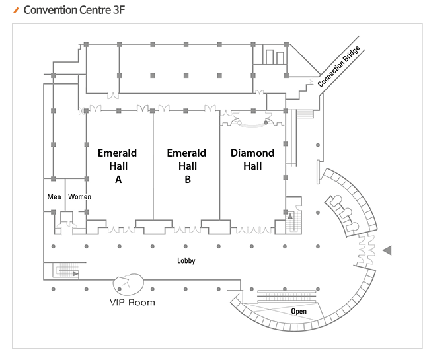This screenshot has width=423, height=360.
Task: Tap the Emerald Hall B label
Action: (x=186, y=165)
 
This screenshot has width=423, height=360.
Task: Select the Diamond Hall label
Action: (x=252, y=159)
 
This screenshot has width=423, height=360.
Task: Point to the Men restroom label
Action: (x=54, y=197)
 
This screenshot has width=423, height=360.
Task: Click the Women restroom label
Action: (x=80, y=197)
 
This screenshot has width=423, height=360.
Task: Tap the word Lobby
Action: (x=186, y=260)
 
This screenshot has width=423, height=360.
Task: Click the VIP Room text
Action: (x=132, y=303)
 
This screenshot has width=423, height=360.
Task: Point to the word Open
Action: (x=299, y=310)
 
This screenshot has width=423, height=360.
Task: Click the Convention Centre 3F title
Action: (x=74, y=11)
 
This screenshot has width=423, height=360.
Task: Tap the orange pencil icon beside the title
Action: (x=17, y=11)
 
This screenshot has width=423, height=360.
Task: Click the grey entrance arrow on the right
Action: (x=387, y=250)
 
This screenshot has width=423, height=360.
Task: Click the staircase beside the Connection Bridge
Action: (x=305, y=113)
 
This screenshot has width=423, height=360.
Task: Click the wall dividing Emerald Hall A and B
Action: (x=153, y=165)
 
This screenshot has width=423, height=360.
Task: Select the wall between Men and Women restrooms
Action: (x=65, y=195)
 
